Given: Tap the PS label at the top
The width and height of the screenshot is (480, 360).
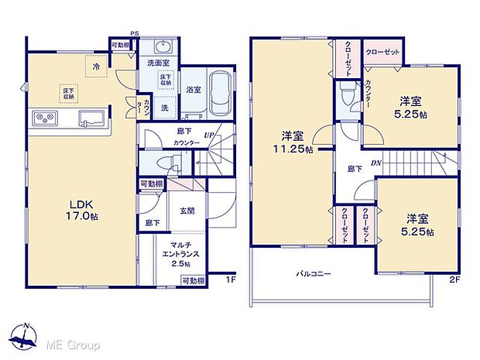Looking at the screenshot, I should click(x=134, y=34).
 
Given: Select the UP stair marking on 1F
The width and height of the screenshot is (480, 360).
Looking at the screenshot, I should click(x=208, y=135).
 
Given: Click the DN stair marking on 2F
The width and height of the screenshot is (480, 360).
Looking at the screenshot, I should click(x=375, y=163).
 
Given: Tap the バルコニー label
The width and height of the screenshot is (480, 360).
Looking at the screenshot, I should click(x=314, y=273).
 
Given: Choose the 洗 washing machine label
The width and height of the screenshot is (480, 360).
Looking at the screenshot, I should click(x=164, y=108).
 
